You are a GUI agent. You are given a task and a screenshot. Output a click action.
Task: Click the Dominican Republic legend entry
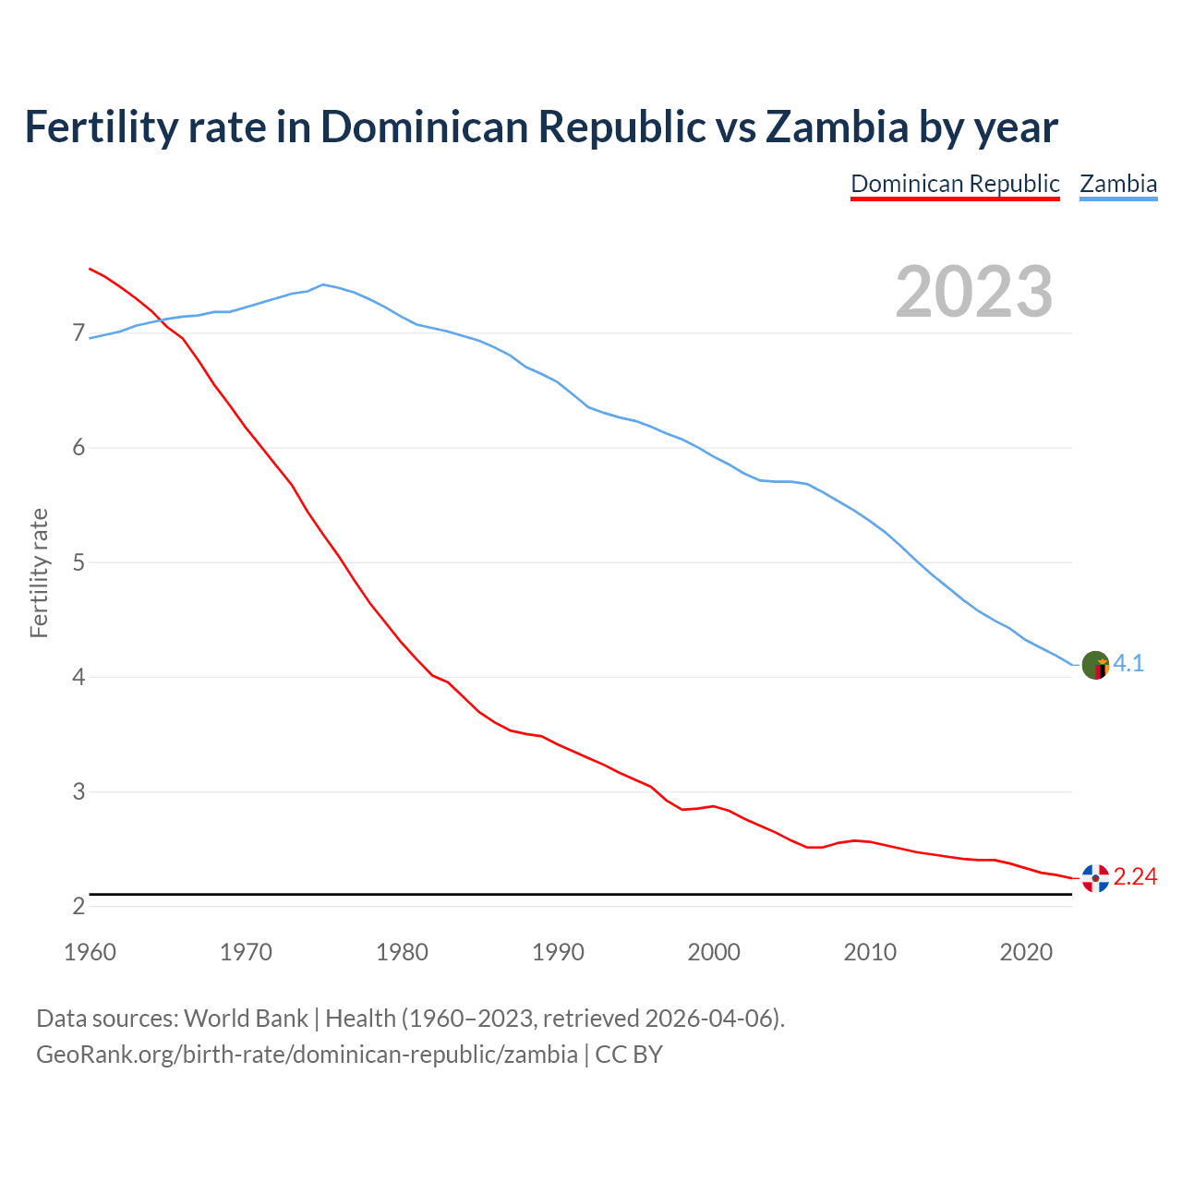click(955, 184)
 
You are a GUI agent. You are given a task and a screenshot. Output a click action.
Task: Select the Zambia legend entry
click(1118, 184)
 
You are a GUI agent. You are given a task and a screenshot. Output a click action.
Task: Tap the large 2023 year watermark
click(973, 292)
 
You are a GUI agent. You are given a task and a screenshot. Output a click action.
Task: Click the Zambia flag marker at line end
click(1095, 665)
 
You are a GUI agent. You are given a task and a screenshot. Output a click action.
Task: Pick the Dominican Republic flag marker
click(1095, 878)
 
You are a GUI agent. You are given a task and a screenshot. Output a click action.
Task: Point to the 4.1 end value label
click(1128, 663)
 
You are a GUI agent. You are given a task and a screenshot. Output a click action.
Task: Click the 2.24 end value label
click(1135, 876)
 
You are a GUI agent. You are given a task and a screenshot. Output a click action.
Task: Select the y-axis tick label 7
click(78, 333)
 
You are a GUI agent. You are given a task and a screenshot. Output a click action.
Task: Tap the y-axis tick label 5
click(78, 562)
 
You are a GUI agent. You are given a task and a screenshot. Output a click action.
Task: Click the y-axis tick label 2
click(78, 907)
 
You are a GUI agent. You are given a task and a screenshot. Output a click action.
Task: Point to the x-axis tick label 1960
click(90, 952)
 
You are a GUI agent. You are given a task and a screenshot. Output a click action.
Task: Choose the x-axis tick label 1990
click(558, 952)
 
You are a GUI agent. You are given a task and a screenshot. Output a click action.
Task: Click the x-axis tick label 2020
click(1026, 952)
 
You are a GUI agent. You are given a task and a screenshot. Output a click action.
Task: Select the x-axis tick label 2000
click(714, 952)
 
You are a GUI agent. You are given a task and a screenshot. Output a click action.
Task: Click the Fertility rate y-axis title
click(39, 573)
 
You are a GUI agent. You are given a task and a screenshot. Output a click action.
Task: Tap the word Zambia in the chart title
click(837, 127)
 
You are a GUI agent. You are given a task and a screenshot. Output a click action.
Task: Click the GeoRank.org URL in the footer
click(307, 1055)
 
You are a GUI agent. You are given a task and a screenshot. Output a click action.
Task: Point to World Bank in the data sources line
click(246, 1019)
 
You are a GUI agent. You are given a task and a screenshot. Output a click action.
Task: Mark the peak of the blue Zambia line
click(322, 284)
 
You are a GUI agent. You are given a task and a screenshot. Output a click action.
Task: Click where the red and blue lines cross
click(159, 320)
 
